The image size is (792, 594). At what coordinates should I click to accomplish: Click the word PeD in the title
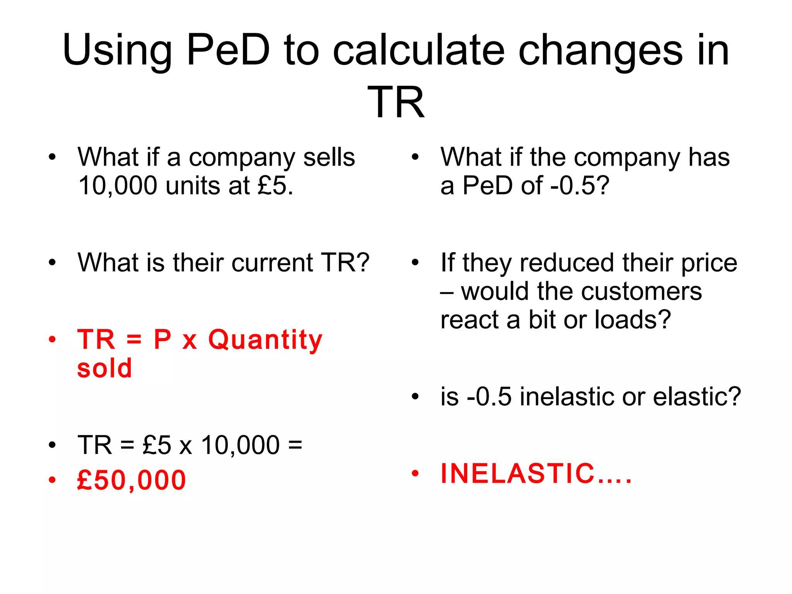point(228,50)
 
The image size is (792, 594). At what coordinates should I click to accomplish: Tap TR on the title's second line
point(396,102)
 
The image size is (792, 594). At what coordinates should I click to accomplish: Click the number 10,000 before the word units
point(118,186)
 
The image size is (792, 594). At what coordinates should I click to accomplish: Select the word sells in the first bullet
point(329,157)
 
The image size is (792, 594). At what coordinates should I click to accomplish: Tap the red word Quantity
point(265,340)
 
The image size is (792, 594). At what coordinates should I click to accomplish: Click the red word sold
point(104,368)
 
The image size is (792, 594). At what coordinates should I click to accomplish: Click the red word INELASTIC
point(518,473)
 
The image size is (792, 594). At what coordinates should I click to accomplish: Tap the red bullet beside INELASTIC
point(415,473)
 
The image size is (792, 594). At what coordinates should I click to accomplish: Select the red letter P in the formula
point(162,340)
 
